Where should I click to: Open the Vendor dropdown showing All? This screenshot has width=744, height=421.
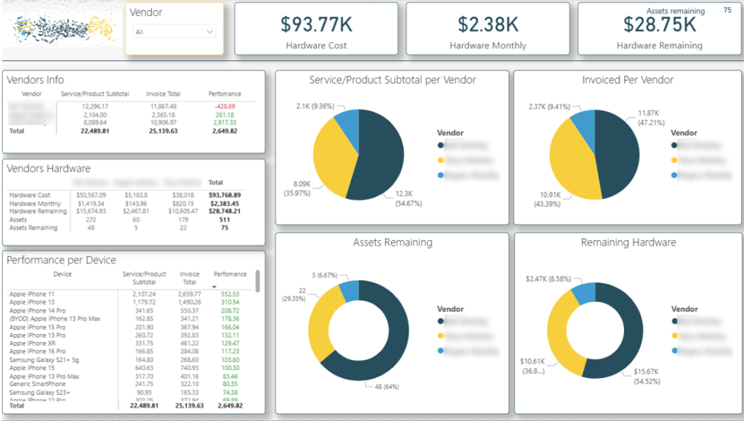click(x=174, y=32)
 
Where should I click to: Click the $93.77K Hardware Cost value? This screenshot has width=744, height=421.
click(x=316, y=24)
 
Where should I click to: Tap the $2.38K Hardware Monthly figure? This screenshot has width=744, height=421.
click(x=488, y=24)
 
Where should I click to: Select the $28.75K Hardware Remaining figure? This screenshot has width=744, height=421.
click(x=659, y=24)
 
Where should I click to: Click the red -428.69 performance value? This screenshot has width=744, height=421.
click(x=225, y=106)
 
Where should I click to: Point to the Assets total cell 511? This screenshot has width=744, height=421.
click(x=225, y=219)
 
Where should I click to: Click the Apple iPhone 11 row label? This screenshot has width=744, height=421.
click(x=31, y=294)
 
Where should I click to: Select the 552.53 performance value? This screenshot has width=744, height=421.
click(x=229, y=294)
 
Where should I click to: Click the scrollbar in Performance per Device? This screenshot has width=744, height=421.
click(x=257, y=280)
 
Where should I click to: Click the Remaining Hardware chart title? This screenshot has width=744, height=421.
click(x=627, y=242)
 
